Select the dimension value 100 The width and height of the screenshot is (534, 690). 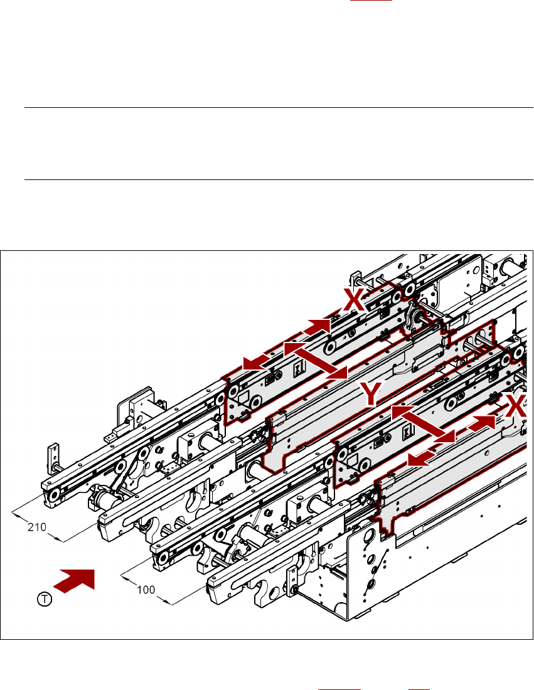click(147, 590)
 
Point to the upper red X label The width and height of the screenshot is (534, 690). click(355, 300)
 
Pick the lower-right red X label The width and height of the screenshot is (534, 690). click(516, 408)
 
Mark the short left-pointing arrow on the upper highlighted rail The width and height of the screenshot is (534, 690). click(255, 362)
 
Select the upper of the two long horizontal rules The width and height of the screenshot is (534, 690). click(278, 107)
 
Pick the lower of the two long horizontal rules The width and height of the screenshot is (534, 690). click(278, 180)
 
